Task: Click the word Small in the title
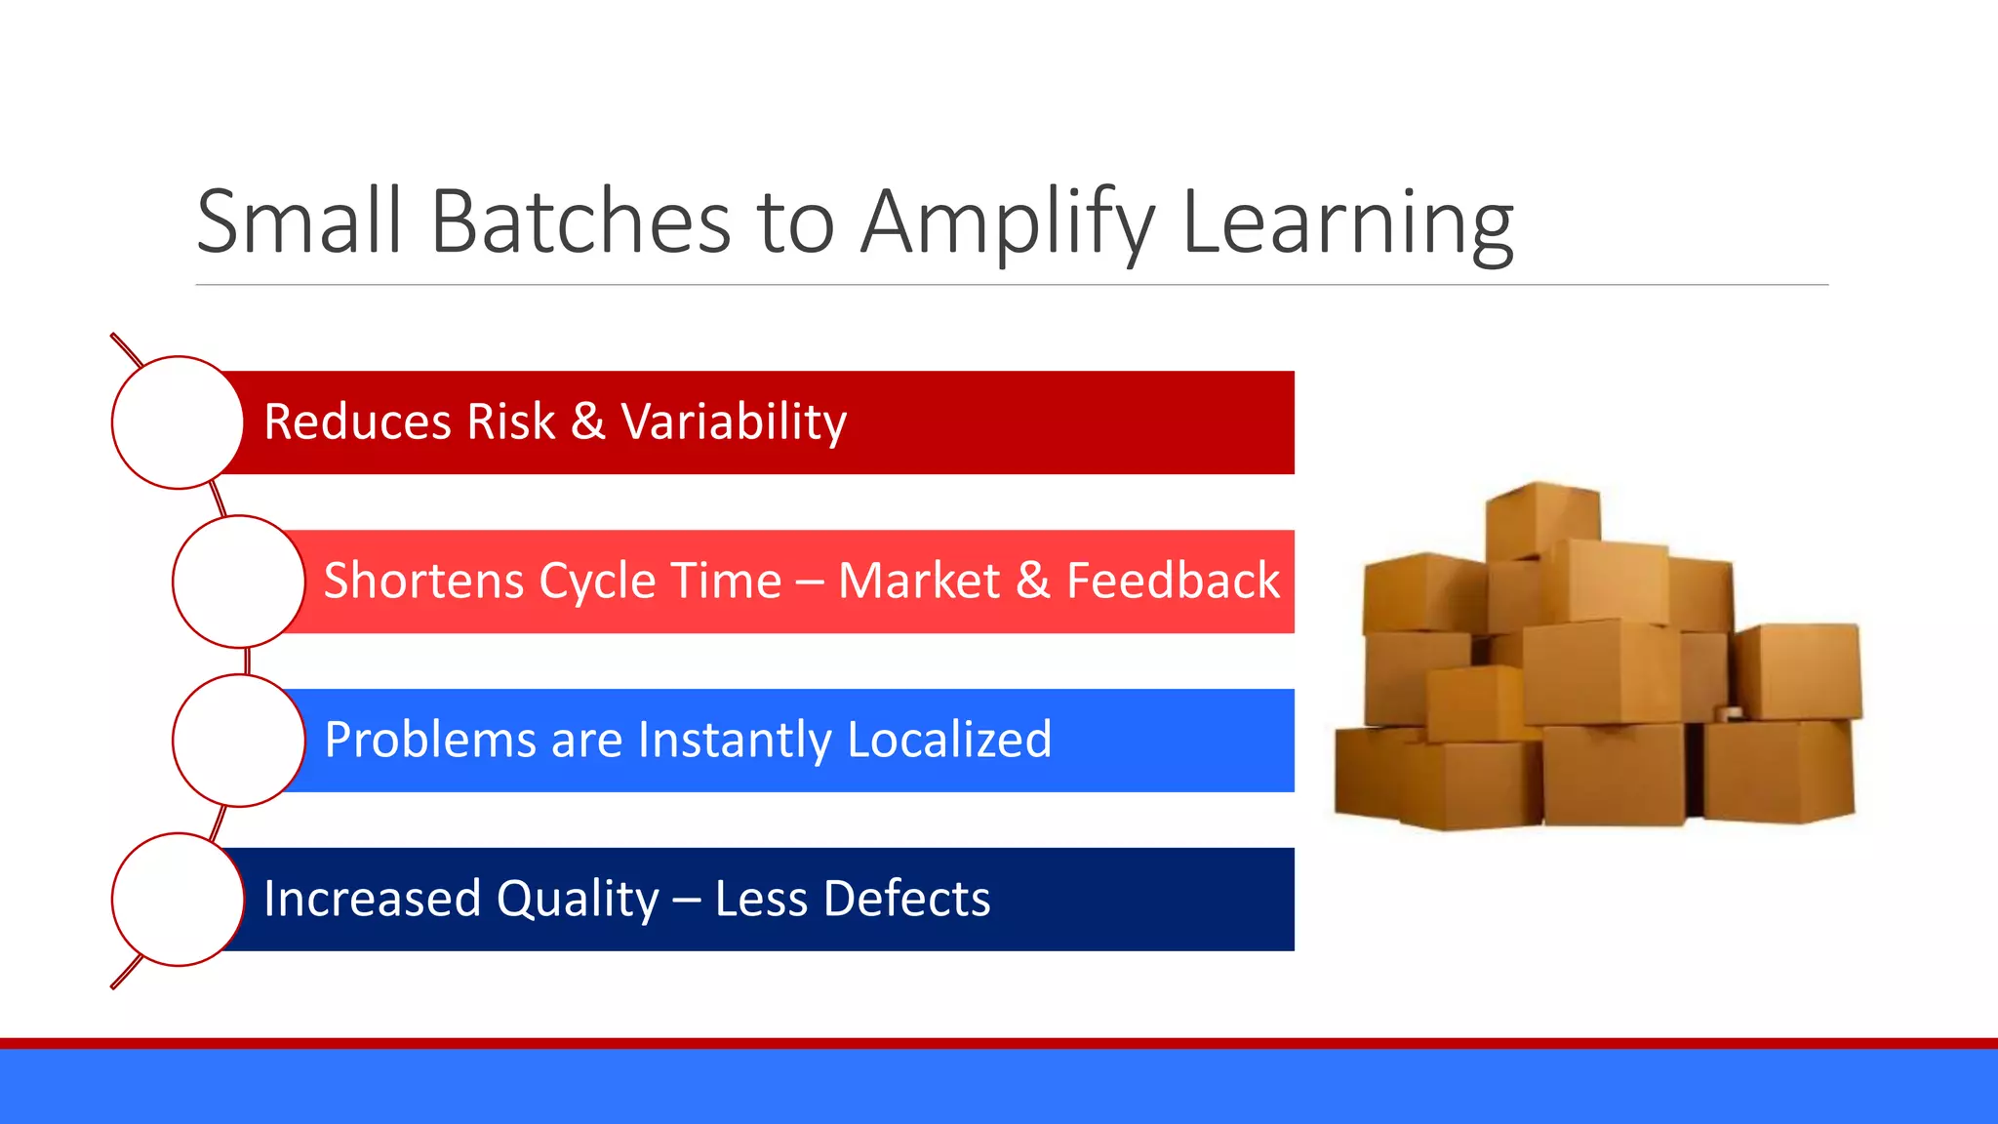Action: click(299, 222)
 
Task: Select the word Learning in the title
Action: click(1347, 224)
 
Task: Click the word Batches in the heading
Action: click(580, 222)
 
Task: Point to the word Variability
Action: click(734, 422)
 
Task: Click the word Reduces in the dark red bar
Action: click(357, 422)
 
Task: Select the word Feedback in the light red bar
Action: click(1173, 582)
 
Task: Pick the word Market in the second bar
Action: click(918, 582)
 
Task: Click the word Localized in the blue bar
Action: click(949, 740)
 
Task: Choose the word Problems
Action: click(429, 740)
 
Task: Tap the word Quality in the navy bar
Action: click(578, 900)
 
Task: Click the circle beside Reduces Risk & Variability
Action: click(178, 422)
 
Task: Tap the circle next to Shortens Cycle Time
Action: click(238, 582)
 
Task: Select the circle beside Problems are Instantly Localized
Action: click(238, 741)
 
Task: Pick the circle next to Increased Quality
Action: click(178, 900)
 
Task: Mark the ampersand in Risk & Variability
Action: click(587, 422)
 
